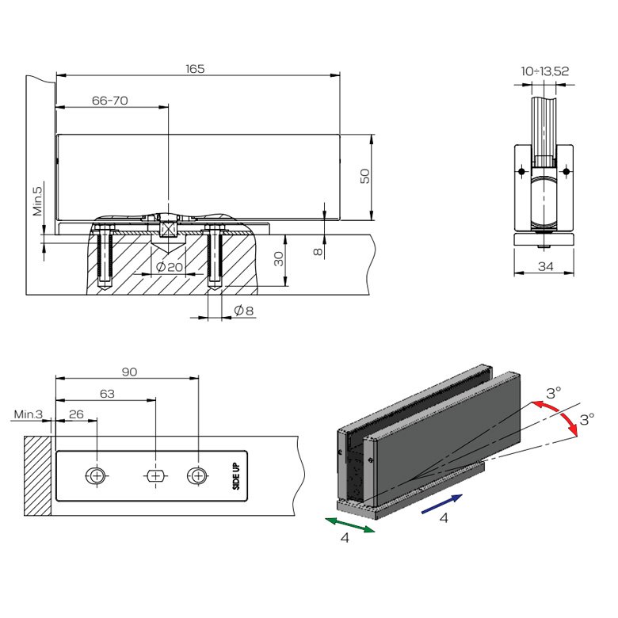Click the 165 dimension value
195,69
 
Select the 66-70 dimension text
110,101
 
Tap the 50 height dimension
365,176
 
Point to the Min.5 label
37,201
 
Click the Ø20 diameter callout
170,267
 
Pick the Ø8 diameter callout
243,311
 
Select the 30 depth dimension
279,259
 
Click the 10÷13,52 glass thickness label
545,71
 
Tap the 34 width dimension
545,266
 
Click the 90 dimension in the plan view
129,372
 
